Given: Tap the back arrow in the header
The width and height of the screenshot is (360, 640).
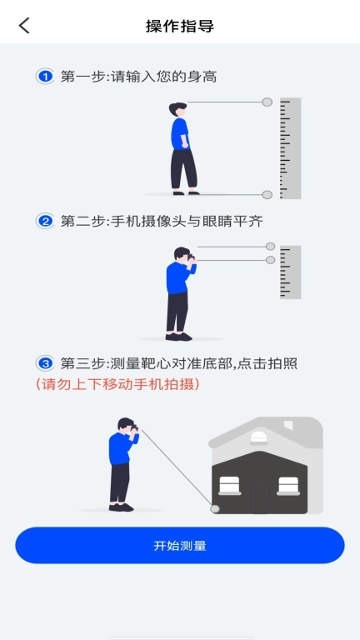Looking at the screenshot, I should [24, 25].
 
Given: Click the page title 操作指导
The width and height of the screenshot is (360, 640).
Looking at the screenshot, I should [180, 26].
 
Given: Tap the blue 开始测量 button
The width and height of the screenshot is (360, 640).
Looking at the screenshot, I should [180, 546].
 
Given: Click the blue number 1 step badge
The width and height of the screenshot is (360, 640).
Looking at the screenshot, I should [45, 77].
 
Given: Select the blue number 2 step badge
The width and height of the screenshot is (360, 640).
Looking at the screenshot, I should [45, 221].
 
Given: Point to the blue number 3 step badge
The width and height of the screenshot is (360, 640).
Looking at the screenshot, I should [45, 363].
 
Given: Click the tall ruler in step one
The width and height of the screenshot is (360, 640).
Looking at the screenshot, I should [290, 148].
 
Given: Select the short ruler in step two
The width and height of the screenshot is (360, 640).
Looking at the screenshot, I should [290, 272].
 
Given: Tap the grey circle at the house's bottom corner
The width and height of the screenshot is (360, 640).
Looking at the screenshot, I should [215, 507].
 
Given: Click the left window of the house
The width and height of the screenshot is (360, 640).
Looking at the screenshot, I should [230, 485].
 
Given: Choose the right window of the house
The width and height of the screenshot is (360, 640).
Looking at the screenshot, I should [288, 485].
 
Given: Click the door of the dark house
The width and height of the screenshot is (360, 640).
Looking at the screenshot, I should [260, 497].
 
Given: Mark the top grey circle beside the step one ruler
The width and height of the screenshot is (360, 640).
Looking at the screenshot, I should [267, 102].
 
